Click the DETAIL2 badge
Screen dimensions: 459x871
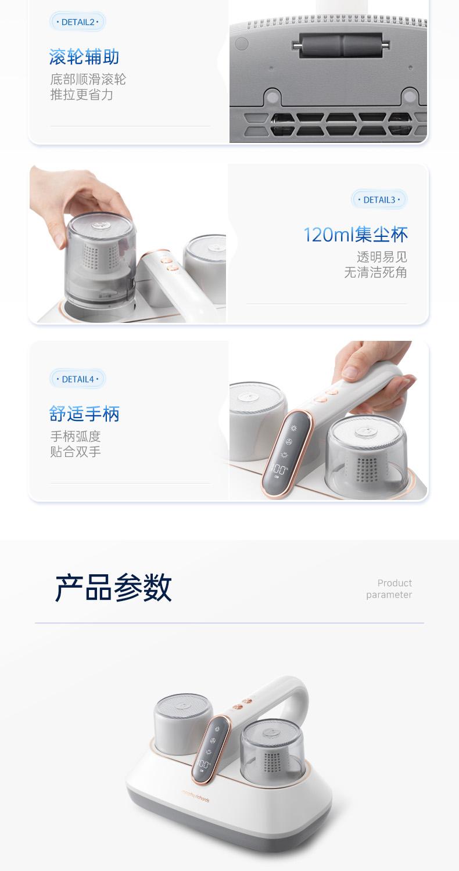click(x=77, y=22)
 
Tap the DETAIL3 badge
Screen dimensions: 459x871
click(x=379, y=200)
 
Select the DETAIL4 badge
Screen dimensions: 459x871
click(x=78, y=379)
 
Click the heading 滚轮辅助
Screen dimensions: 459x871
click(x=84, y=57)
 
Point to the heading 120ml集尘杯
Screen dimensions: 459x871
click(x=356, y=235)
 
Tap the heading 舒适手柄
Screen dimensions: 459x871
click(x=84, y=413)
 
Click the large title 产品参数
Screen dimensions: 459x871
click(x=113, y=588)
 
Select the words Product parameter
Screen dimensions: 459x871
click(x=389, y=589)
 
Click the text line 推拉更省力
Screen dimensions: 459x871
click(x=82, y=95)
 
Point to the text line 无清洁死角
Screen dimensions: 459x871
click(x=375, y=272)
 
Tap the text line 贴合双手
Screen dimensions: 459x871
click(x=76, y=451)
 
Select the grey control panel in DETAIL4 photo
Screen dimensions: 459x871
click(x=286, y=453)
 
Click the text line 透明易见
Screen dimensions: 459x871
click(x=382, y=257)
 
